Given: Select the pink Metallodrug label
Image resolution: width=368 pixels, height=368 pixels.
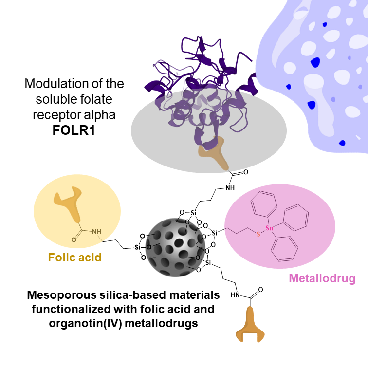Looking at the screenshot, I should (x=322, y=278).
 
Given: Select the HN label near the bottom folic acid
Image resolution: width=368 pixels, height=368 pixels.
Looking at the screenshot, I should (x=235, y=294).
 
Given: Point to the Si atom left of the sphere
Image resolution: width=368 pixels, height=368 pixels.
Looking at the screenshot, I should (x=138, y=247).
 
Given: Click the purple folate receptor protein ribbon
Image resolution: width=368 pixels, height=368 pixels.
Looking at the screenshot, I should (x=204, y=83).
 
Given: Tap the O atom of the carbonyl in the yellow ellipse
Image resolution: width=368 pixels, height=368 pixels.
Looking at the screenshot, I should (x=74, y=239).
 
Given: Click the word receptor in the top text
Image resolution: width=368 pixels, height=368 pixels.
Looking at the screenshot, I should (x=55, y=116).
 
